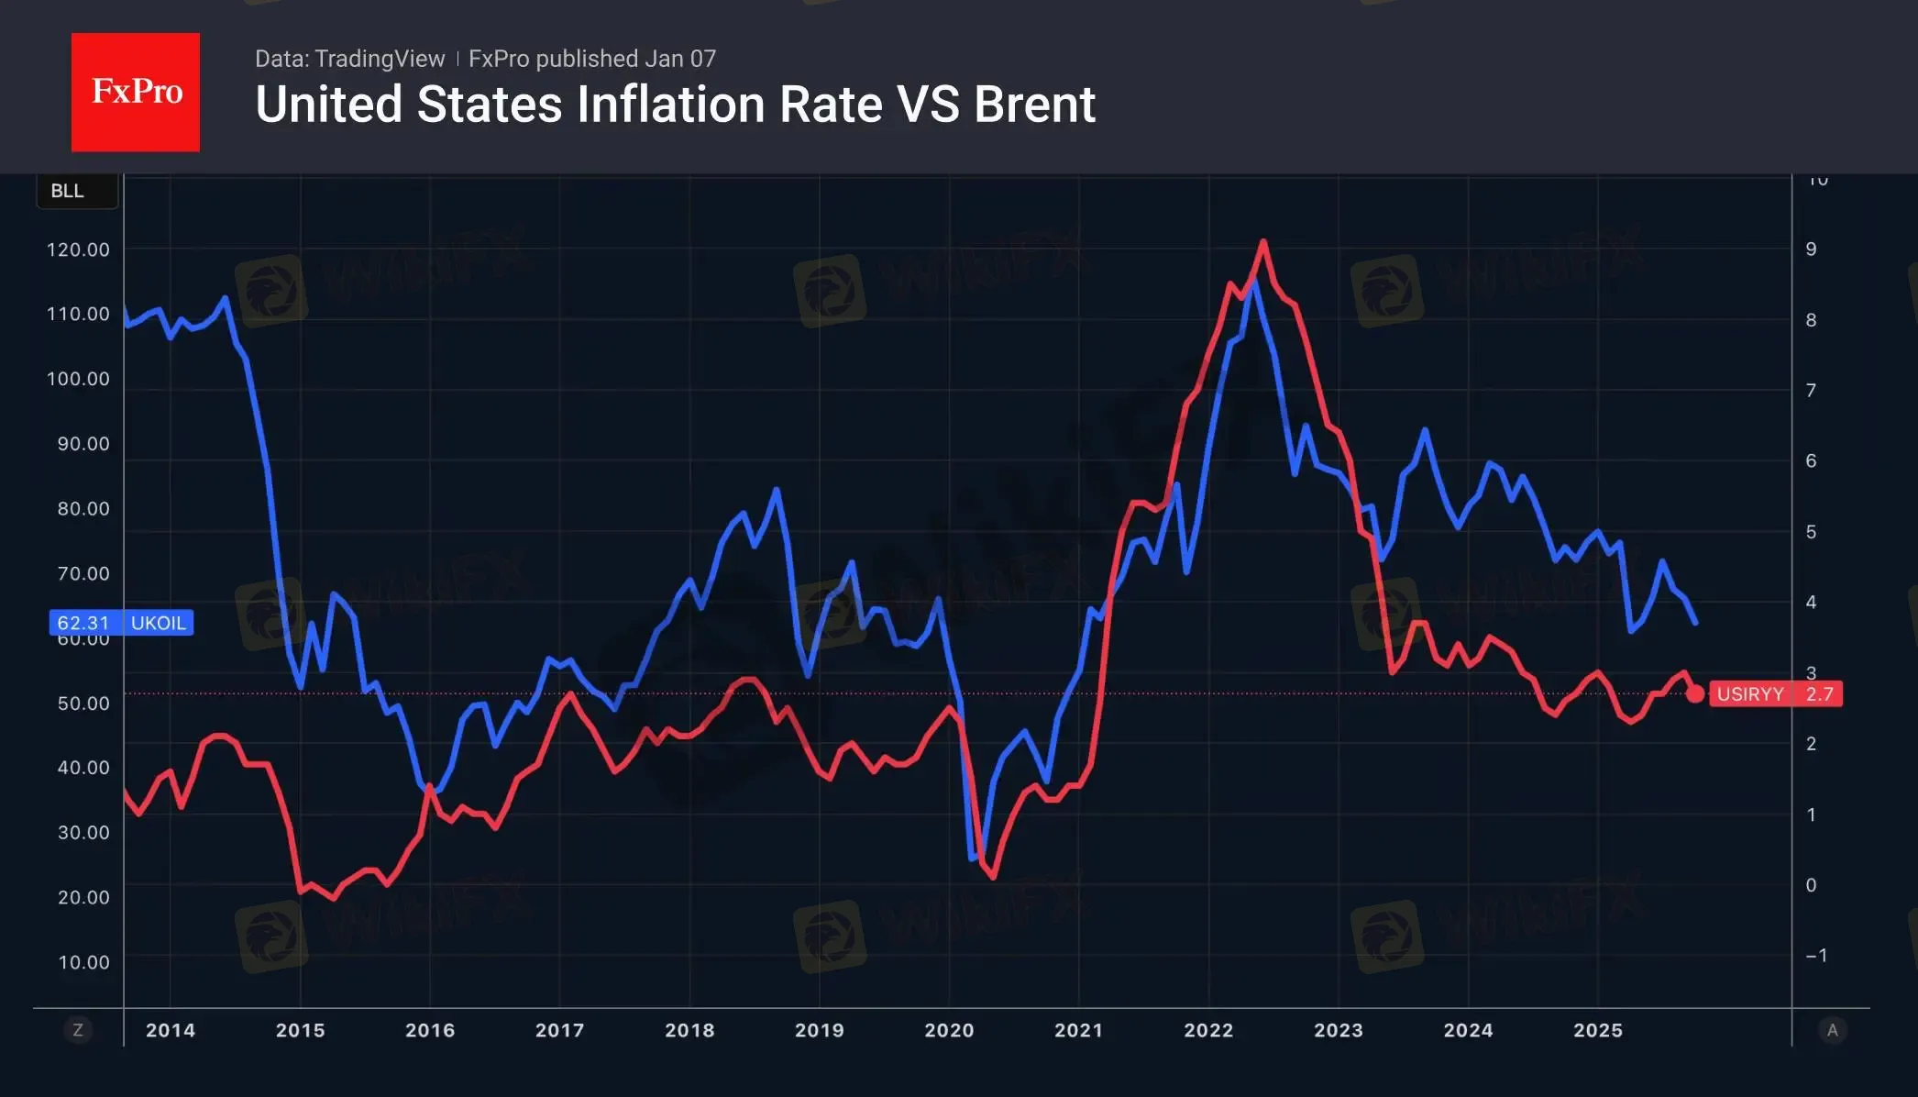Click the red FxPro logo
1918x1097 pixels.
(x=136, y=92)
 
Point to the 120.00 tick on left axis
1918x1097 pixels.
(x=78, y=249)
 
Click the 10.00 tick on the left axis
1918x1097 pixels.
(x=83, y=962)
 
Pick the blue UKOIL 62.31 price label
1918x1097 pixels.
(x=121, y=623)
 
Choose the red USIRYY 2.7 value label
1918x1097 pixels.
(x=1775, y=693)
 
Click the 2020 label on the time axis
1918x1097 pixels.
(x=949, y=1030)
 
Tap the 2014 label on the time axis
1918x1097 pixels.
(x=171, y=1030)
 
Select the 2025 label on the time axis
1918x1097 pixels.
(x=1598, y=1030)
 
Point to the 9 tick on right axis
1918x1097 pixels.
(x=1811, y=249)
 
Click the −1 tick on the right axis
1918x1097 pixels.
(x=1816, y=956)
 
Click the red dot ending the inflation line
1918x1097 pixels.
(x=1695, y=694)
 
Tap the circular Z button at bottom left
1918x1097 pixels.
(x=78, y=1030)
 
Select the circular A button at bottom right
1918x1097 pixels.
(x=1832, y=1030)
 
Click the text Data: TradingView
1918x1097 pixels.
(x=349, y=59)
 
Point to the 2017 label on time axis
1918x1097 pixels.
(x=559, y=1030)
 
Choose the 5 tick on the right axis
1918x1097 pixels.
(x=1811, y=532)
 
